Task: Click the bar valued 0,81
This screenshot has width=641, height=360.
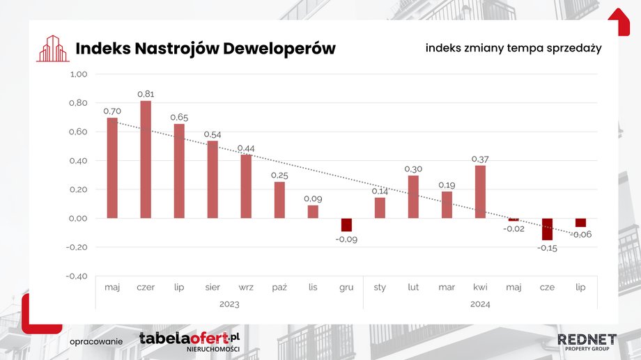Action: click(x=146, y=159)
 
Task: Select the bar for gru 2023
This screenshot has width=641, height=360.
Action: click(x=346, y=225)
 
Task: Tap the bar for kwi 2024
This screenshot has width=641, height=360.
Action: click(x=480, y=191)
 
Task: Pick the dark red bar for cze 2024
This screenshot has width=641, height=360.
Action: click(x=547, y=229)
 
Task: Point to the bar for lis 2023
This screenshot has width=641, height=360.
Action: click(x=313, y=212)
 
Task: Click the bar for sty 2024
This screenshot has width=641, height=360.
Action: click(x=380, y=208)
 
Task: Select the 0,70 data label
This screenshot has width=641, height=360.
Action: click(x=112, y=111)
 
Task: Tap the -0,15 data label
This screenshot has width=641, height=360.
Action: click(x=547, y=248)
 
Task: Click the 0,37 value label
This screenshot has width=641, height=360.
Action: click(x=480, y=159)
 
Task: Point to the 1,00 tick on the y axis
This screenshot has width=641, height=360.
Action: click(x=79, y=75)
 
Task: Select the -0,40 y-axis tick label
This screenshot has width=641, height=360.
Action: click(x=77, y=276)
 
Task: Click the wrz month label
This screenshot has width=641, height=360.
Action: click(x=246, y=288)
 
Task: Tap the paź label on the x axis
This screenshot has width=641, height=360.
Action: click(x=279, y=288)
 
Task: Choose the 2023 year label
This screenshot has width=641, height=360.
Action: click(x=229, y=304)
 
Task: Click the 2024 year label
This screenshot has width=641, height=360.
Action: click(x=480, y=304)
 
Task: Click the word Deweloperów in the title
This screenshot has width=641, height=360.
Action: click(x=279, y=48)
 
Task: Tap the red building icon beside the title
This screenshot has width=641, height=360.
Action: click(x=53, y=49)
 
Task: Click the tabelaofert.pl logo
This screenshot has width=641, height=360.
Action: click(x=190, y=342)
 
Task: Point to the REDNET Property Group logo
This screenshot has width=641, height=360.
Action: click(x=587, y=342)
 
